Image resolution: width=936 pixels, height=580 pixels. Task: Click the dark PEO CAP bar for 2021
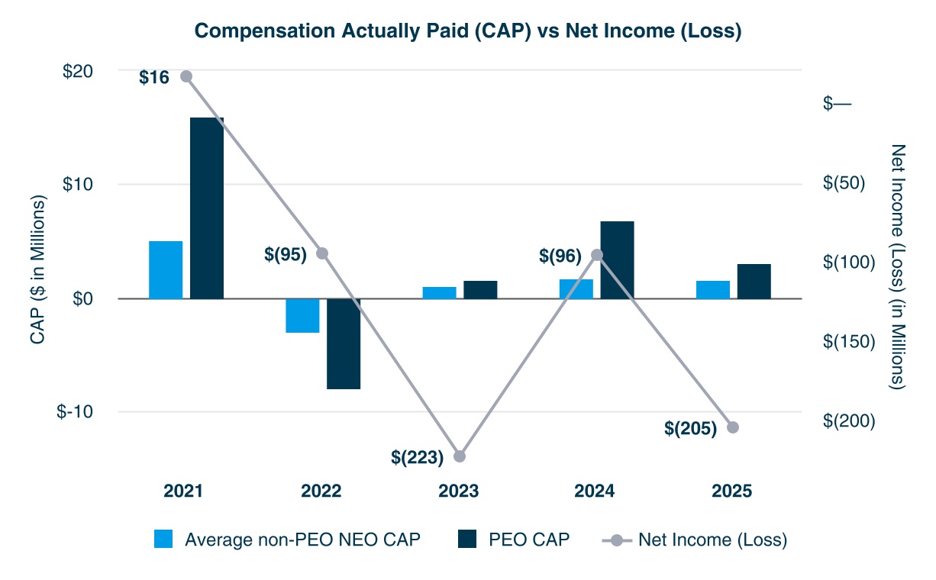coord(207,208)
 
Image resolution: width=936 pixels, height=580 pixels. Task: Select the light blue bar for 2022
coord(302,315)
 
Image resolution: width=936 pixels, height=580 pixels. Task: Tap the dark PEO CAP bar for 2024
coord(617,259)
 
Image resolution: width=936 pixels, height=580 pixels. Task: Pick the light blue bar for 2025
coord(713,289)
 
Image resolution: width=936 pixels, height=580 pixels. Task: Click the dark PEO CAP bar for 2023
coord(480,289)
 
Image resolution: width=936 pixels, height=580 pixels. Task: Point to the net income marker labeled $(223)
coord(460,456)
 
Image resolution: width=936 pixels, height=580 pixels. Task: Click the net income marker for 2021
coord(186,76)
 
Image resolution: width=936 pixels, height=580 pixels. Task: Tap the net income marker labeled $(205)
coord(733,427)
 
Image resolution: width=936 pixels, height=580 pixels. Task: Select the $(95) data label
coord(286,255)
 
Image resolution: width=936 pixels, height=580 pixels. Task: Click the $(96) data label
coord(560,255)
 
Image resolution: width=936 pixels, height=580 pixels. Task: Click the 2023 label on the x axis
coord(459,491)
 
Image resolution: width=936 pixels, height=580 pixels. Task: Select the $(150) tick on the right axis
coord(849,341)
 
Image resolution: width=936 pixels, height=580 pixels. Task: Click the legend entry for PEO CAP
coord(513,540)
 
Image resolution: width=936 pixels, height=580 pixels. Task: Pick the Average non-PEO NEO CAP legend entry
coord(287,540)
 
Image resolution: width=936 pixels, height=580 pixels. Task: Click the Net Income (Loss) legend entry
coord(695,540)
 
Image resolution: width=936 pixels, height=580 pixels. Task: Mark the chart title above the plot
coord(467,31)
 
